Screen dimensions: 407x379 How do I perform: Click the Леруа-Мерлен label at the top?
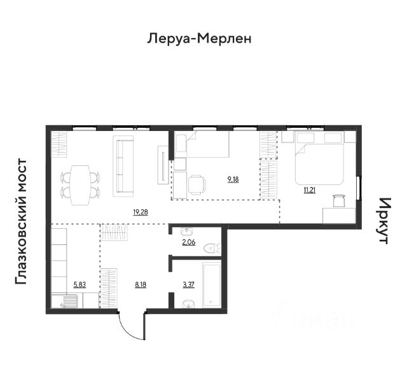tap(199, 39)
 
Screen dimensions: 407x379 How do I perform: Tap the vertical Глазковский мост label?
tap(21, 222)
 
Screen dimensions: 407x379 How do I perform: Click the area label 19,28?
tap(141, 212)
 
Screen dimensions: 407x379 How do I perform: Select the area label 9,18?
tap(233, 179)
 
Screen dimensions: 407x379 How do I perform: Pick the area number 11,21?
tap(310, 190)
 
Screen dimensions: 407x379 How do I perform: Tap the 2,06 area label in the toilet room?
tap(189, 242)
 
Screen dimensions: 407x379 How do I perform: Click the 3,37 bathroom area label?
tap(189, 285)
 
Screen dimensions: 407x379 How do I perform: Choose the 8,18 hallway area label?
tap(141, 285)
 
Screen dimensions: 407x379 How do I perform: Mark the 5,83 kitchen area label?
tap(79, 285)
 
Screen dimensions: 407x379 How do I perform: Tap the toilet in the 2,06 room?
tap(212, 249)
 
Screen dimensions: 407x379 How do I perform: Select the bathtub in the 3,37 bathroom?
tap(212, 284)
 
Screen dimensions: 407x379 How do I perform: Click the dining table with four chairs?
tap(80, 185)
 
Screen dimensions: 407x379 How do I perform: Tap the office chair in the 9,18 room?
tap(197, 185)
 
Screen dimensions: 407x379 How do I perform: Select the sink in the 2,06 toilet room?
tap(187, 231)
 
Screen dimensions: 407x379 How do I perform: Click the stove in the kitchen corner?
tap(70, 301)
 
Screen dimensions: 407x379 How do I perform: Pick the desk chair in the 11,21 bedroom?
tap(339, 200)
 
